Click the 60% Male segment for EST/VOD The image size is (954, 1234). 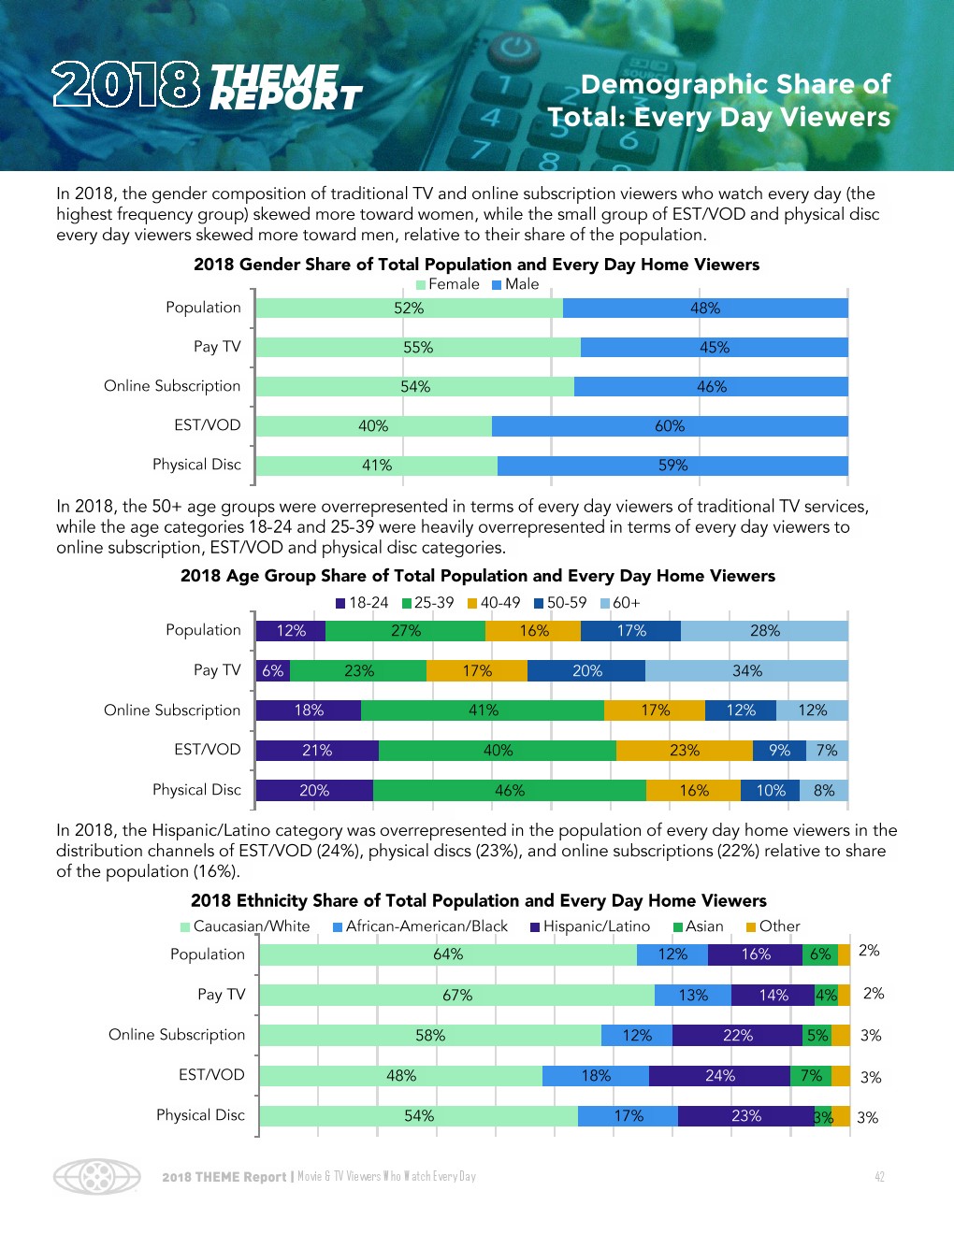tap(670, 426)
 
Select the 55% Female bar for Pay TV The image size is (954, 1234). tap(418, 348)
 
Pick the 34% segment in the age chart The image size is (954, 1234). tap(746, 671)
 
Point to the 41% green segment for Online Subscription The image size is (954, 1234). tap(483, 710)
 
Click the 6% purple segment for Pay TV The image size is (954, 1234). tap(272, 671)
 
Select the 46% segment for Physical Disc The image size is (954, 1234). tap(510, 791)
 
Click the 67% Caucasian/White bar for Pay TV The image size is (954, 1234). tap(457, 996)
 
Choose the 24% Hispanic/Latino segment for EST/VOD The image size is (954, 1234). tap(719, 1076)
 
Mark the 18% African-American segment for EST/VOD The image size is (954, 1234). tap(596, 1076)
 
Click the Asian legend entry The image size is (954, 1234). tap(699, 926)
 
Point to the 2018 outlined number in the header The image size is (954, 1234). tap(126, 84)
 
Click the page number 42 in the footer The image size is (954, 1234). tap(879, 1177)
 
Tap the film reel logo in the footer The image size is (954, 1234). tap(97, 1177)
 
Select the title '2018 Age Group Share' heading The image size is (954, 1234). tap(478, 576)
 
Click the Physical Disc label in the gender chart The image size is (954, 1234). tap(196, 465)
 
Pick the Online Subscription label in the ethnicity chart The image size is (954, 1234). tap(177, 1035)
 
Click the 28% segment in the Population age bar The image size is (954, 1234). tap(764, 631)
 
